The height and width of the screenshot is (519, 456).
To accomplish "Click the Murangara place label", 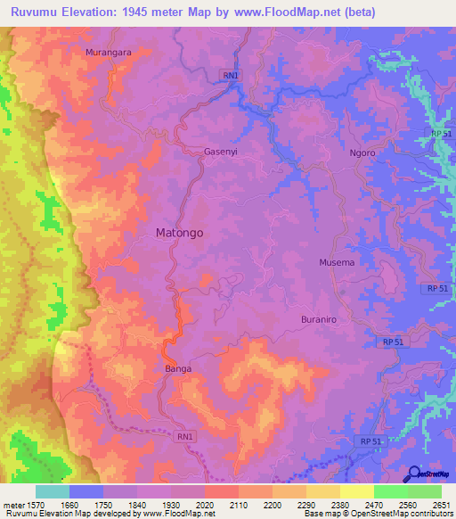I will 109,53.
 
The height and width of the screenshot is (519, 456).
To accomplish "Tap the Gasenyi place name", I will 221,152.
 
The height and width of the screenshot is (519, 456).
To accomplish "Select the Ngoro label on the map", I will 362,152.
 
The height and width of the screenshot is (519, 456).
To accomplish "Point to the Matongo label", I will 180,232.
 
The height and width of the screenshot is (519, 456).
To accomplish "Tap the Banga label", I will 178,367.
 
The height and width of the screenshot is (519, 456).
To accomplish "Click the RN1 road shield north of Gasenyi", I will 231,76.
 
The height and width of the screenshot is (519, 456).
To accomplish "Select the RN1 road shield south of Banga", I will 185,436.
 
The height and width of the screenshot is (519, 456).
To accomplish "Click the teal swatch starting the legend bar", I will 53,491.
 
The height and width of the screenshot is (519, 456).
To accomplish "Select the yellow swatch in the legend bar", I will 356,491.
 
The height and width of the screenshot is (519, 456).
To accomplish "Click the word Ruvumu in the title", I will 37,12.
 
